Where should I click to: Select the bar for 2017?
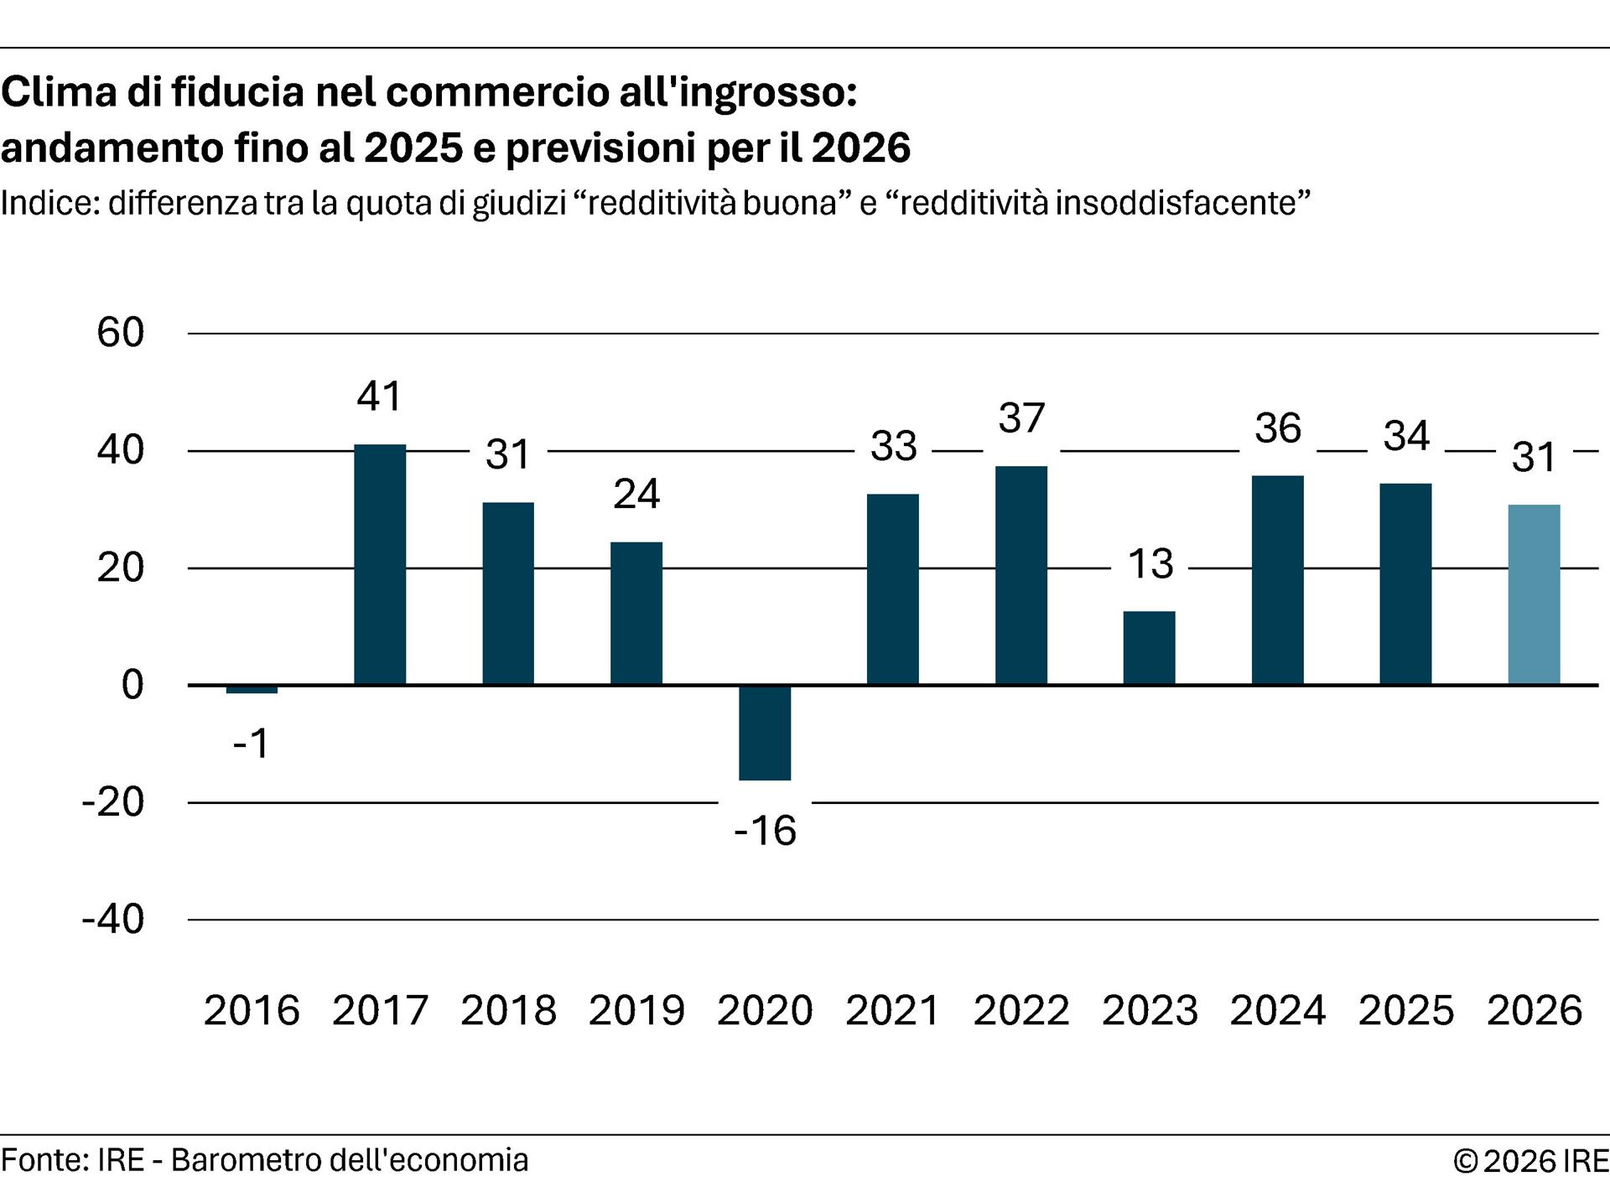click(x=380, y=564)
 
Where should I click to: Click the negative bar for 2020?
click(x=765, y=733)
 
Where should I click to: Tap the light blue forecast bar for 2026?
click(x=1534, y=594)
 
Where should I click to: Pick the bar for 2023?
click(x=1149, y=648)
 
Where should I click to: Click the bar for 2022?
click(x=1021, y=575)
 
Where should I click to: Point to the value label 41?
click(x=380, y=396)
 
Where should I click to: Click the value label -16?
click(x=765, y=831)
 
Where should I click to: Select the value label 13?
click(x=1150, y=563)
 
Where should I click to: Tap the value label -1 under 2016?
click(x=252, y=744)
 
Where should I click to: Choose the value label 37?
click(x=1021, y=417)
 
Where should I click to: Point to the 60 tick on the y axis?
click(x=121, y=333)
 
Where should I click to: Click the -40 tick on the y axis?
click(x=113, y=920)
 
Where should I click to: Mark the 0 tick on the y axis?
click(x=132, y=685)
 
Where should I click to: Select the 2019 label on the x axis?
click(x=636, y=1010)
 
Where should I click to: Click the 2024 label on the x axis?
click(x=1278, y=1010)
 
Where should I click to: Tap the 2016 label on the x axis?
click(x=252, y=1010)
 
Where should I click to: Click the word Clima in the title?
click(x=59, y=92)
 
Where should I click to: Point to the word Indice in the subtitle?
click(x=49, y=204)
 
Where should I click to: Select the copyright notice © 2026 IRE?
click(x=1530, y=1161)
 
